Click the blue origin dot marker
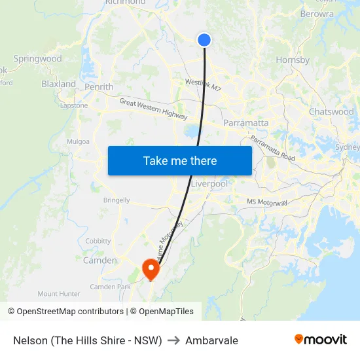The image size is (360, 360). pyautogui.click(x=204, y=40)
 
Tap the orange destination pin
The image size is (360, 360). pyautogui.click(x=151, y=268)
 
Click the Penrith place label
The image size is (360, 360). pyautogui.click(x=99, y=87)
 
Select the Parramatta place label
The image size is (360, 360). pyautogui.click(x=246, y=122)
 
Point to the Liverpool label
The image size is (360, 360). pyautogui.click(x=209, y=184)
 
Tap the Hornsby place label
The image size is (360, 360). pyautogui.click(x=293, y=60)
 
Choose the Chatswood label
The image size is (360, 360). pyautogui.click(x=331, y=112)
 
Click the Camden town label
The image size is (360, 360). pyautogui.click(x=99, y=261)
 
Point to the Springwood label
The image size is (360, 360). pyautogui.click(x=37, y=59)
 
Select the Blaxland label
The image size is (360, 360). pyautogui.click(x=58, y=84)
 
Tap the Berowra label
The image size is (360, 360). pyautogui.click(x=317, y=14)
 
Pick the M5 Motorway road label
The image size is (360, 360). pyautogui.click(x=267, y=202)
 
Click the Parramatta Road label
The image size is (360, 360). pyautogui.click(x=272, y=148)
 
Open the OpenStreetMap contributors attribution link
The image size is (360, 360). pyautogui.click(x=70, y=312)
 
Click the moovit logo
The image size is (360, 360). pyautogui.click(x=321, y=340)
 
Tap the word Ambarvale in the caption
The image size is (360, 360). pyautogui.click(x=211, y=340)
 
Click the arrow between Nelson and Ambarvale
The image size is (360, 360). pyautogui.click(x=173, y=340)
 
